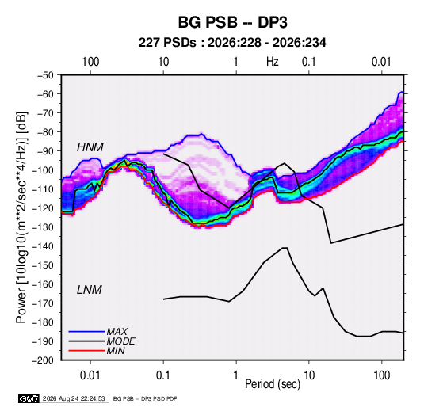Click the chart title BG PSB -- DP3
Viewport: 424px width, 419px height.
pyautogui.click(x=232, y=22)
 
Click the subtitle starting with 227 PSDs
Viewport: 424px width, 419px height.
pyautogui.click(x=232, y=43)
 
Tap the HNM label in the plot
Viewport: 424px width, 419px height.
pyautogui.click(x=90, y=147)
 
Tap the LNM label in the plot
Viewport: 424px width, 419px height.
pyautogui.click(x=90, y=290)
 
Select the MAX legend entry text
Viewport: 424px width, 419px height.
pyautogui.click(x=117, y=332)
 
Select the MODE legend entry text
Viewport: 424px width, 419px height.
pyautogui.click(x=121, y=341)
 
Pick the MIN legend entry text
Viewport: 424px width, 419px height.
pyautogui.click(x=116, y=351)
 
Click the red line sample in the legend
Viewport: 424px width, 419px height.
pyautogui.click(x=87, y=351)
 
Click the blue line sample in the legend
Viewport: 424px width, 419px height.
pyautogui.click(x=87, y=332)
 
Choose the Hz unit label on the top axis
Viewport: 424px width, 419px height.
pyautogui.click(x=273, y=62)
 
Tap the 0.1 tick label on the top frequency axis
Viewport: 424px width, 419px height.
pyautogui.click(x=309, y=62)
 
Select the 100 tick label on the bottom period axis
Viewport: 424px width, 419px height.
pyautogui.click(x=381, y=375)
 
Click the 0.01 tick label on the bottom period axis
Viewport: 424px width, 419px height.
pyautogui.click(x=90, y=375)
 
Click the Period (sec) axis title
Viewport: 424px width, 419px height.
pyautogui.click(x=273, y=384)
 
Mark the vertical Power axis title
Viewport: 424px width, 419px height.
pyautogui.click(x=22, y=217)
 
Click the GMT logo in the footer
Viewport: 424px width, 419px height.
pyautogui.click(x=29, y=398)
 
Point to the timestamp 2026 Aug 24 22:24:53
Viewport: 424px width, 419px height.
pyautogui.click(x=74, y=398)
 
